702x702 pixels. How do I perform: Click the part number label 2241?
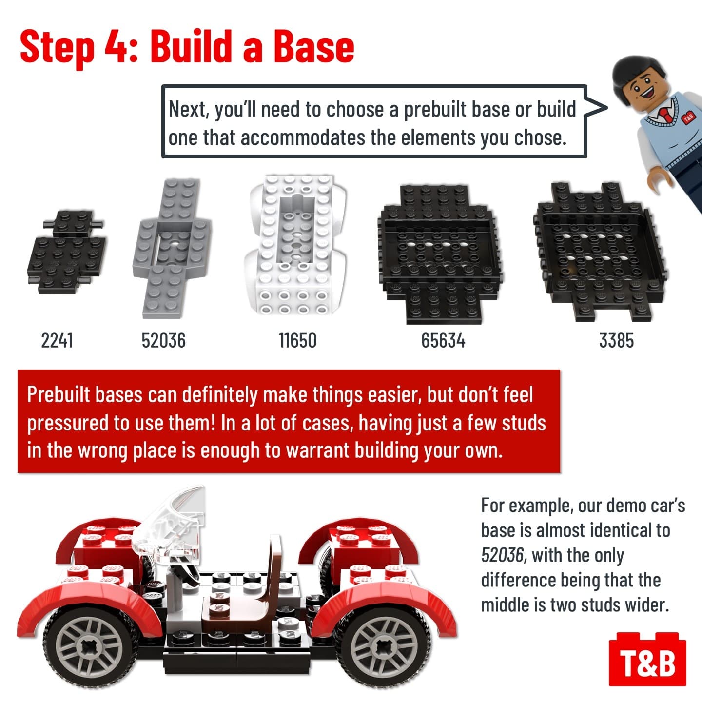tap(57, 341)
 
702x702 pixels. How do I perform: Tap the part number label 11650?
tap(297, 341)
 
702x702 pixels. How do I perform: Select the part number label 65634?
tap(443, 341)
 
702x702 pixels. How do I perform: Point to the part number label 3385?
tap(616, 341)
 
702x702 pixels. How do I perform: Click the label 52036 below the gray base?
tap(164, 341)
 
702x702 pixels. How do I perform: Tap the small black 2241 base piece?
tap(67, 252)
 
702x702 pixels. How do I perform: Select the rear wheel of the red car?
tap(383, 647)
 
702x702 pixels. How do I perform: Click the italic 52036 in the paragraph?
tap(502, 555)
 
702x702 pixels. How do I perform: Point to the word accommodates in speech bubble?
tap(302, 137)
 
